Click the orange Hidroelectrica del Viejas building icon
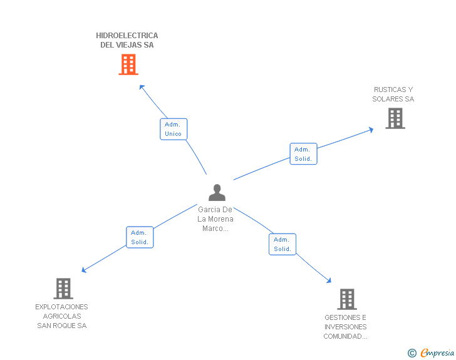128,64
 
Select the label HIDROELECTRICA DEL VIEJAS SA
127,40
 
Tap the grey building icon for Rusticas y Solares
395,118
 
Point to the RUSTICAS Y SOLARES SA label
393,95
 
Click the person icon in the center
217,192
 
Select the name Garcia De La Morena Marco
215,219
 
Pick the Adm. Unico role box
173,129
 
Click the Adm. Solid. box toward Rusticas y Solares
303,154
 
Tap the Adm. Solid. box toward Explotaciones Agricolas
139,237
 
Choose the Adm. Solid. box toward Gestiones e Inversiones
282,244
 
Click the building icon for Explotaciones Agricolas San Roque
63,289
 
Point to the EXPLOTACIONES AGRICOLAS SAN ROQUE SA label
62,316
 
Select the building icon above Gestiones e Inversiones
347,299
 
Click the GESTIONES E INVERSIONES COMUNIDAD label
346,327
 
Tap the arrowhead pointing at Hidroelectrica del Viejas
142,88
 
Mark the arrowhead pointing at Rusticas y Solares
370,130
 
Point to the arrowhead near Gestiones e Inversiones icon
328,281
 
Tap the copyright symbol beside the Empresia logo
412,353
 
